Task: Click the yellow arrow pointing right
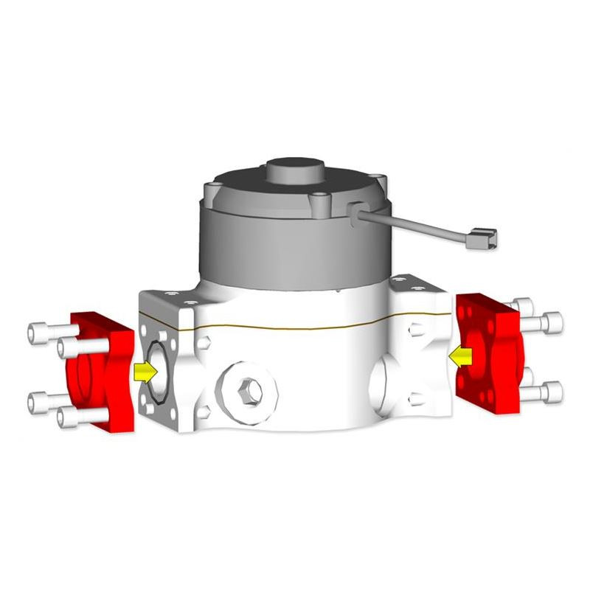click(146, 371)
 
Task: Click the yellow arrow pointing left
click(461, 357)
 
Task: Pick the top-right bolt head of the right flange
click(553, 322)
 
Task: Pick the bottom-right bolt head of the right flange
click(553, 392)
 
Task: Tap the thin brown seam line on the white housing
click(295, 326)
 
